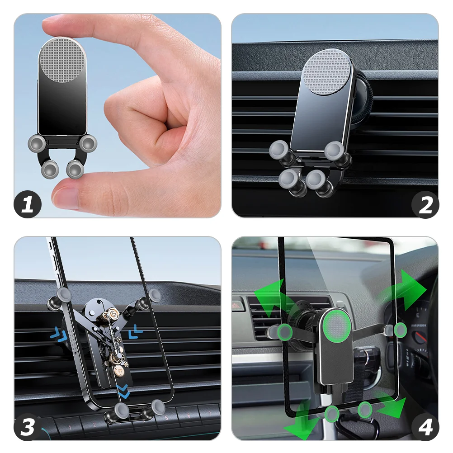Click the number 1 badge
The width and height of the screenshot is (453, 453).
coord(28,204)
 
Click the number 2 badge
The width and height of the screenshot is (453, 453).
coord(425,204)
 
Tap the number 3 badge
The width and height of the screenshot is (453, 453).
coord(28,427)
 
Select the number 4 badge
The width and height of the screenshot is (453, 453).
coord(425,427)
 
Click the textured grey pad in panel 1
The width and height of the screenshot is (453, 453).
coord(62,60)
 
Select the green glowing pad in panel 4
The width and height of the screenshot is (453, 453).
coord(337,326)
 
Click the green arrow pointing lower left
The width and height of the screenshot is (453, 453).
coord(299,421)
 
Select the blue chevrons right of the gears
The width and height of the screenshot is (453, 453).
coord(135,331)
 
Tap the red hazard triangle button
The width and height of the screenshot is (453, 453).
coord(237,305)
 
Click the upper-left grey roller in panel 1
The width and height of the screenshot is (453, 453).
coord(37,143)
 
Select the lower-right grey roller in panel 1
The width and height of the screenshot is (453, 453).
coord(75,169)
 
